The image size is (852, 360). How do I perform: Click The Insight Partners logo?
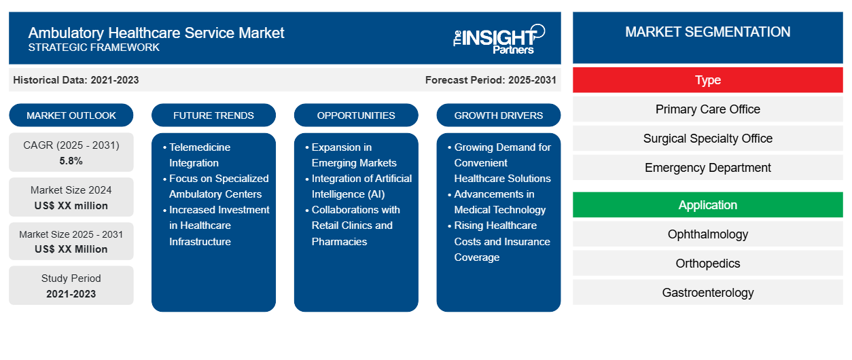[499, 38]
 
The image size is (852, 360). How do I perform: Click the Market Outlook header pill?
[71, 115]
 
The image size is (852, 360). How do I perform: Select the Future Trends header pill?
[213, 115]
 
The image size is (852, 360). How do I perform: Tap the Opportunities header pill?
[356, 115]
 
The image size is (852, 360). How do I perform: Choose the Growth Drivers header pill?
[499, 115]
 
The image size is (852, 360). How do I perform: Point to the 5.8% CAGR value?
[71, 161]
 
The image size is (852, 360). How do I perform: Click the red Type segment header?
[707, 80]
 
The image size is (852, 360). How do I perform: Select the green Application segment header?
[707, 205]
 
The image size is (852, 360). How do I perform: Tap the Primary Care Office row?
[707, 109]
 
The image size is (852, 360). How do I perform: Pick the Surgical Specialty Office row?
[707, 139]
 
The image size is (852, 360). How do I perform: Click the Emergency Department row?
[707, 168]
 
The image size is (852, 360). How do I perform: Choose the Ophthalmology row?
[707, 234]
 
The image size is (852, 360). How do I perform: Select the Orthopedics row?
[707, 264]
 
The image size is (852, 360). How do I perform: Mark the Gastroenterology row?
[707, 293]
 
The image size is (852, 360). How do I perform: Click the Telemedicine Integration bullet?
[200, 155]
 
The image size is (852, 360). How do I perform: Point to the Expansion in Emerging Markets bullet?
[353, 155]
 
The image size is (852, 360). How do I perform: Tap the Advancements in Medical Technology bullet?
[499, 202]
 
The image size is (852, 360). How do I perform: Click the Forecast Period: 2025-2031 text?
[491, 80]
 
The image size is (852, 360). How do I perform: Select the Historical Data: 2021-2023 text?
[76, 80]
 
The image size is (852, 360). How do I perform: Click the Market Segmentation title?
[707, 32]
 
